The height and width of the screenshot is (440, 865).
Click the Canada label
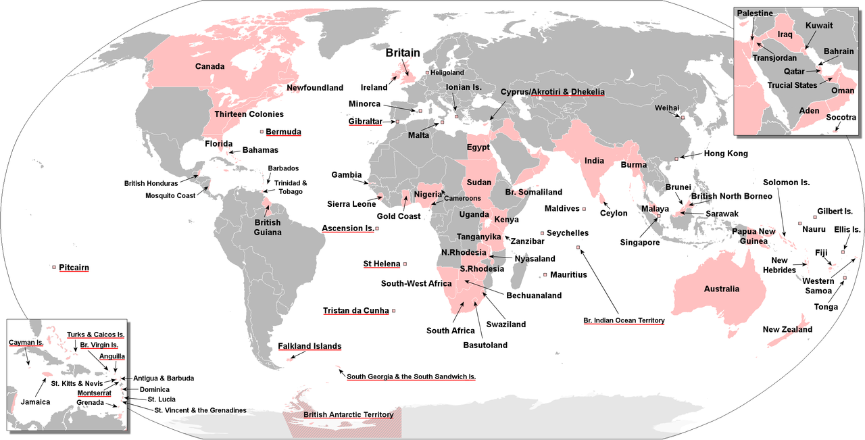(x=209, y=66)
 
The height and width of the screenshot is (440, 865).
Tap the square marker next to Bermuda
(x=262, y=132)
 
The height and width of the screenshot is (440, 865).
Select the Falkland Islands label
(x=310, y=346)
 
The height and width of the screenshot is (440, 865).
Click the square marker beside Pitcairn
(x=54, y=268)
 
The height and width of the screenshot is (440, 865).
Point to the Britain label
(x=403, y=53)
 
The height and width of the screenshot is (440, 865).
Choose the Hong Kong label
(x=726, y=153)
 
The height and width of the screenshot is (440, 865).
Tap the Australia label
(x=721, y=289)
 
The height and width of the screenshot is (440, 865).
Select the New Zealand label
(x=787, y=330)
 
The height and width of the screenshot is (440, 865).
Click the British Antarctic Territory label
(x=348, y=414)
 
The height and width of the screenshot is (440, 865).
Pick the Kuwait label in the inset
(x=819, y=26)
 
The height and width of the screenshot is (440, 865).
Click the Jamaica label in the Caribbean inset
(x=34, y=401)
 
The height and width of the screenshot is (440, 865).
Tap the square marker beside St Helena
(x=405, y=264)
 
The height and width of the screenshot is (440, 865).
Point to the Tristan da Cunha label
(x=355, y=311)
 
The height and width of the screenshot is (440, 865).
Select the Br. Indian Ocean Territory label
(x=624, y=320)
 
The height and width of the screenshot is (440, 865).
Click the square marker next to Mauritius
(x=545, y=275)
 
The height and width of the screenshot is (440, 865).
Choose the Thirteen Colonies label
(x=249, y=114)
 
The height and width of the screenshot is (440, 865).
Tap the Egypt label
(x=478, y=147)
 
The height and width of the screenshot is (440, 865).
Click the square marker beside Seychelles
(x=541, y=233)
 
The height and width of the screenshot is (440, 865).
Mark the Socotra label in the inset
(x=841, y=118)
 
